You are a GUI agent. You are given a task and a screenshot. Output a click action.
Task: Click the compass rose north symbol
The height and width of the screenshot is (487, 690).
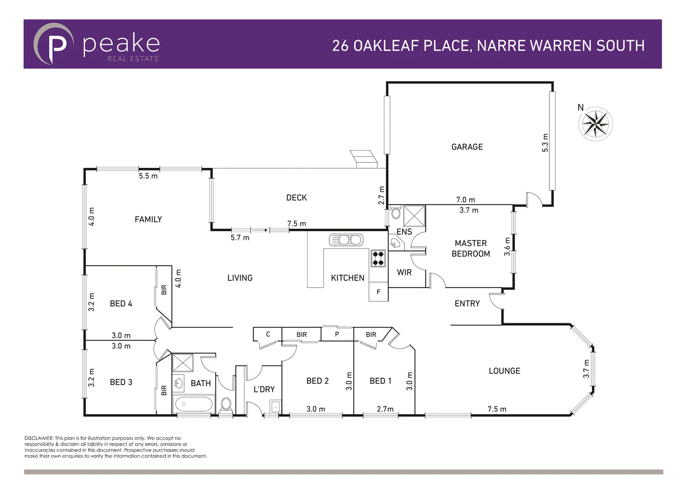[x=596, y=124]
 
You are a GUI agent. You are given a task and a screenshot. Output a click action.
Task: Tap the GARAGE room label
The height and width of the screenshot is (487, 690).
[x=467, y=147]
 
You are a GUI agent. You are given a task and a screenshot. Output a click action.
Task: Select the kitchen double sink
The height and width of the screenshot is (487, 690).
[x=346, y=239]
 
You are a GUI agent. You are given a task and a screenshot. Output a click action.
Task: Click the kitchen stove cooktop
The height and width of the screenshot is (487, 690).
[x=378, y=258]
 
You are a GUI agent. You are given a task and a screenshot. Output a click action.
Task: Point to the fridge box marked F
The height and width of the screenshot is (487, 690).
[x=378, y=292]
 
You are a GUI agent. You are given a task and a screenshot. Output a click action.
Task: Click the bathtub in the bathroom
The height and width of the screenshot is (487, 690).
[x=195, y=404]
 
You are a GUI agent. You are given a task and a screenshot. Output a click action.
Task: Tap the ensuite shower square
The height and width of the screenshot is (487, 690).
[x=414, y=216]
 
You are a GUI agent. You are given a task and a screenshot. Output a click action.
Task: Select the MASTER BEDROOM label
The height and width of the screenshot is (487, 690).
[x=471, y=248]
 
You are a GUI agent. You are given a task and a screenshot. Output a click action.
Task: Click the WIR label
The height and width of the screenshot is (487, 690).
[x=404, y=272]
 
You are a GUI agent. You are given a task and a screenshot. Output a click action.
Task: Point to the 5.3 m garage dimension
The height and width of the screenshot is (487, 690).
[x=545, y=143]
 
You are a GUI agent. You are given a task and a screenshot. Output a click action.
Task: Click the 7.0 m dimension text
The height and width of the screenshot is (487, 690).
[x=465, y=200]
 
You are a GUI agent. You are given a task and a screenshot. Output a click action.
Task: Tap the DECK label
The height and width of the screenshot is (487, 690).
[x=296, y=198]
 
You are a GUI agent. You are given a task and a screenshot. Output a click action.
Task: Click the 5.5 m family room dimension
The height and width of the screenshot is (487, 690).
[x=148, y=176]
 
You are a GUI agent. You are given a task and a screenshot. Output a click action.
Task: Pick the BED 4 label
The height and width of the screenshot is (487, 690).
[x=121, y=303]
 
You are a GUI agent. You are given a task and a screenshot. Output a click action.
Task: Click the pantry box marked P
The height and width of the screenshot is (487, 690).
[x=337, y=335]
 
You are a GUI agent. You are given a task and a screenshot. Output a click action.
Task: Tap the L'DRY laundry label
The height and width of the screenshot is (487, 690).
[x=264, y=389]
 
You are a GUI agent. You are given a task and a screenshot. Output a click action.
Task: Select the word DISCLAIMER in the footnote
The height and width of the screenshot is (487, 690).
[x=39, y=438]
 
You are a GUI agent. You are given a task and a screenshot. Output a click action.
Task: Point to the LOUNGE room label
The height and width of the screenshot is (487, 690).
[x=504, y=371]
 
